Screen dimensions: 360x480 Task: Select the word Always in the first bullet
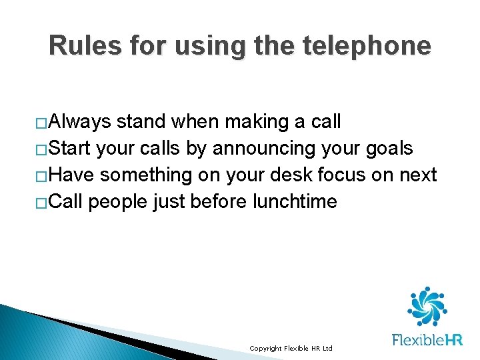pos(80,122)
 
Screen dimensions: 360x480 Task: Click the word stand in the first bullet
pos(141,122)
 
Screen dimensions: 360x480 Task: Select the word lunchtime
pos(295,202)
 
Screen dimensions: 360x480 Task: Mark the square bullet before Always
pos(41,123)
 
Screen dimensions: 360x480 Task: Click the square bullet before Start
pos(41,150)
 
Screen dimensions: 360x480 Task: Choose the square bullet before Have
pos(41,177)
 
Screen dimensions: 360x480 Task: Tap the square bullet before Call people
pos(41,203)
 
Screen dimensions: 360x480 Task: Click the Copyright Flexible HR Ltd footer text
pos(291,349)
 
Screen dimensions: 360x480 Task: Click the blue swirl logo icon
pos(427,306)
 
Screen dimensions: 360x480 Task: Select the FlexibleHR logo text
pos(427,340)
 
